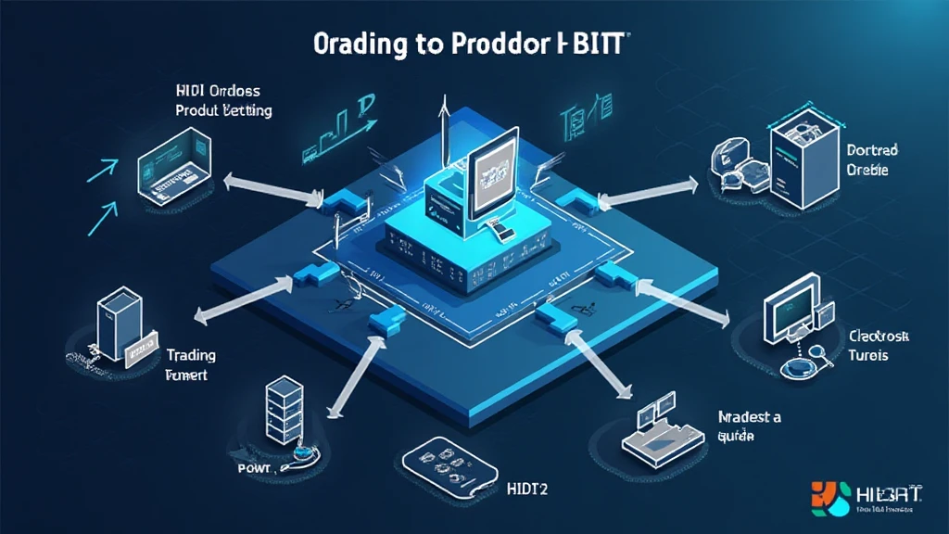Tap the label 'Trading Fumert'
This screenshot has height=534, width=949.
click(x=192, y=365)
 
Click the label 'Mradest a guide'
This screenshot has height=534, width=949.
click(x=749, y=426)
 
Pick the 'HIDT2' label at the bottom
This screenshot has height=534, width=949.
click(x=527, y=489)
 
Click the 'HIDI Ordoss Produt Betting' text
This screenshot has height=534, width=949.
click(x=222, y=101)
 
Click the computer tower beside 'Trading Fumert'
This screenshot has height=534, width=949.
click(x=119, y=324)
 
